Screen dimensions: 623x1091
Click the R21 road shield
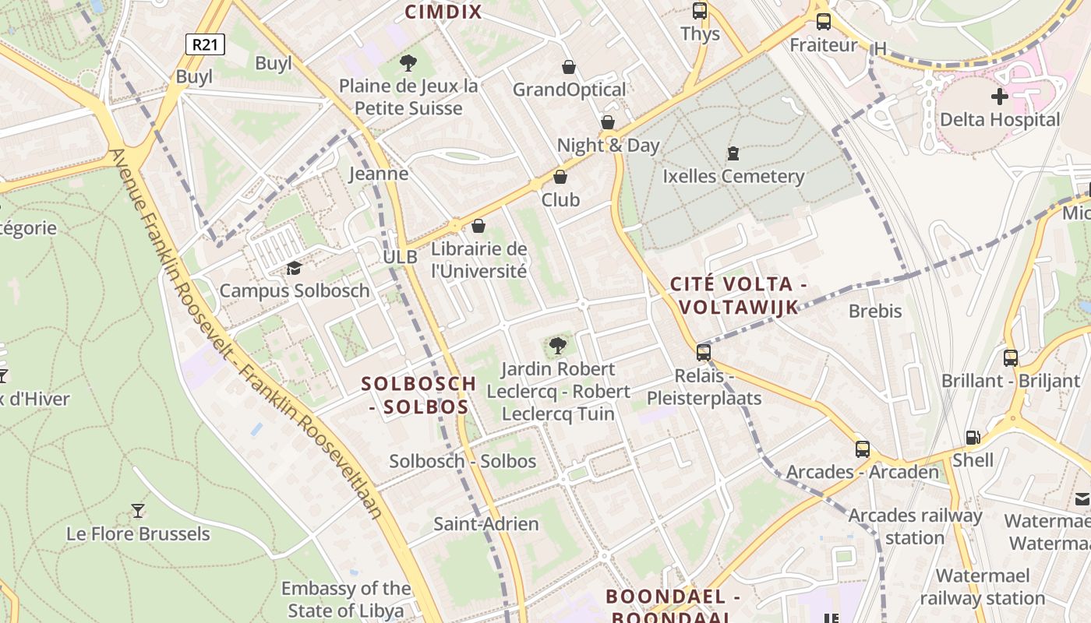coord(205,44)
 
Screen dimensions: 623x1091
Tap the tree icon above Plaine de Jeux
coord(408,63)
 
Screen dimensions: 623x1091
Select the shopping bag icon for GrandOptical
coord(569,67)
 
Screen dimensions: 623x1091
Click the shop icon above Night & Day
coord(608,122)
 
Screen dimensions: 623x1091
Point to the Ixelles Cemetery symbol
coord(733,153)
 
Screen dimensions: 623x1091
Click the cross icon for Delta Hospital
coord(999,97)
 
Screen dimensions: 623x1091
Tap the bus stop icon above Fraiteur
coord(823,22)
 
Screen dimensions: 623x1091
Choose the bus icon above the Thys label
coord(700,11)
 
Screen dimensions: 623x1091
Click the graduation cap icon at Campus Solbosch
coord(294,269)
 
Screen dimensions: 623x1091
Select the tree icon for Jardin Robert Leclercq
coord(557,346)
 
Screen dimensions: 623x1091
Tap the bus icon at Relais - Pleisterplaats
coord(704,352)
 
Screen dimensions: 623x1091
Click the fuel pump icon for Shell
coord(973,438)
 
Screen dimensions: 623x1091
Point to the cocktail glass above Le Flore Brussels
coord(138,511)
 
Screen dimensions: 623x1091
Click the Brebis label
coord(875,311)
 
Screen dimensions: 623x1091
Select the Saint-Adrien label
coord(486,524)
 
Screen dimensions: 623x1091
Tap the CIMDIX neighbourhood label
coord(443,12)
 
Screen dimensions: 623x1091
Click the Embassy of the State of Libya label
coord(346,599)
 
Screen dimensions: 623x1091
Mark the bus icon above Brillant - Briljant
coord(1011,358)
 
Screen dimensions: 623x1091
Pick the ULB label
coord(400,257)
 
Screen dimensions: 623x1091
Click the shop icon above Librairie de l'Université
coord(478,226)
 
